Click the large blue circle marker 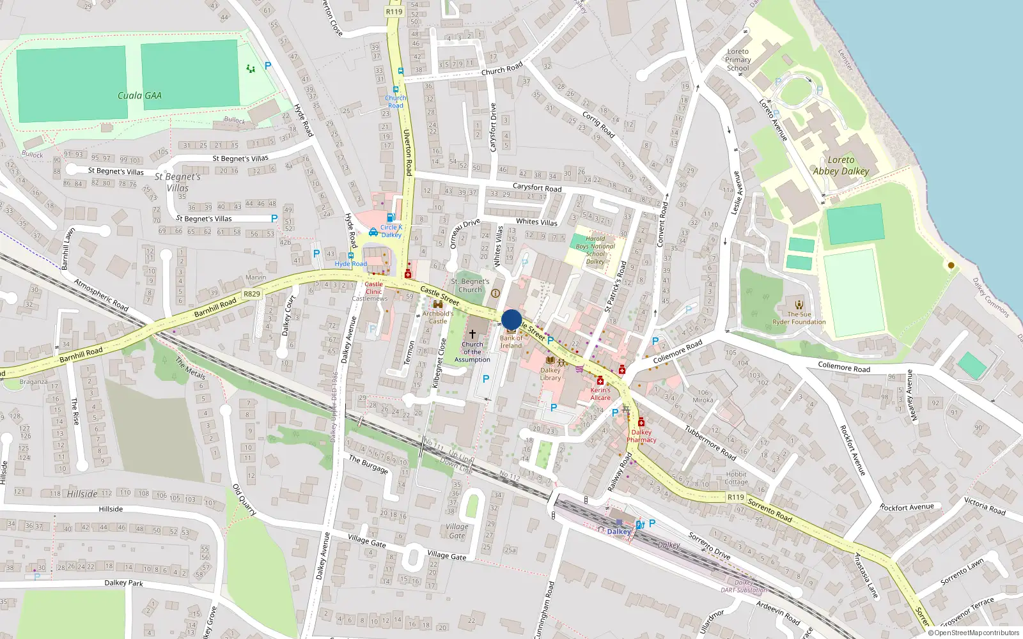pos(511,319)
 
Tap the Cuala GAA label pos(139,96)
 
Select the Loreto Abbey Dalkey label pos(841,166)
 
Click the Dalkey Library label pos(550,374)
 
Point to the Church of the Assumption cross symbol pos(472,334)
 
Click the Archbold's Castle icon pos(438,305)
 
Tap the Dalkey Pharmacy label pos(641,436)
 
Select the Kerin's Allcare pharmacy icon pos(600,381)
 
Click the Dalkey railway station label pos(618,532)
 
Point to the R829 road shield pos(252,294)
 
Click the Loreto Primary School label pos(738,60)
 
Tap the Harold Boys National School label pos(595,250)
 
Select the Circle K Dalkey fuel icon pos(391,218)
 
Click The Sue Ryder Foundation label pos(799,318)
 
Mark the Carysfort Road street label pos(537,188)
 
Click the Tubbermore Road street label pos(710,443)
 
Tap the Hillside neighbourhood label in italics pos(82,494)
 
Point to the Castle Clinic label pos(373,288)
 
